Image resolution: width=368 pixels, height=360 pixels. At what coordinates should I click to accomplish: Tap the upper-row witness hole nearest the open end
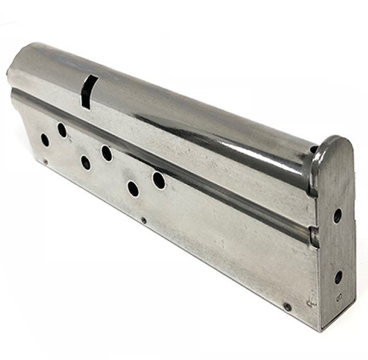click(62, 130)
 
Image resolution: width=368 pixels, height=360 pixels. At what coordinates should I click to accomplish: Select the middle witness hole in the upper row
click(107, 153)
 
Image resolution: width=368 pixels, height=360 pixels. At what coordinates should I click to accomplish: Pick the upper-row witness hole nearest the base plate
click(159, 181)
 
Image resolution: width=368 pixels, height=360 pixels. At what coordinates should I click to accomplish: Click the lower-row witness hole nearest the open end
click(44, 139)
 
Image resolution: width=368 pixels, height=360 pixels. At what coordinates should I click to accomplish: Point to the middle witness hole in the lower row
click(85, 163)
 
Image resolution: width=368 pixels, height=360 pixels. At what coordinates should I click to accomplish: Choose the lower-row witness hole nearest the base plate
click(133, 189)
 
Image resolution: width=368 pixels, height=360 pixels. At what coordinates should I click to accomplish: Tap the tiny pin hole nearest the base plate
click(287, 307)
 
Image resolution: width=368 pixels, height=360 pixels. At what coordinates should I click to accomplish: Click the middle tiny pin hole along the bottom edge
click(143, 221)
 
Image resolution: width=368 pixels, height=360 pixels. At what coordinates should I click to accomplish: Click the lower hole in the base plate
click(338, 277)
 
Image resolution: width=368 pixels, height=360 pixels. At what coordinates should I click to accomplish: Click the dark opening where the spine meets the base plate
click(313, 150)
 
